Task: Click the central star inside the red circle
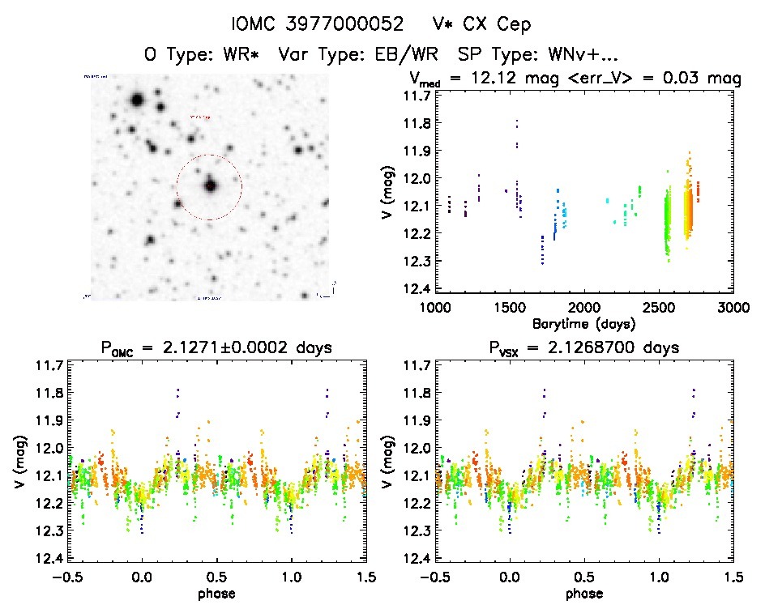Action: click(211, 185)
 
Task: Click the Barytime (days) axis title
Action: click(583, 322)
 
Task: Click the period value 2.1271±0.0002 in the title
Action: click(224, 349)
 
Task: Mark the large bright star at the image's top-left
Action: click(136, 100)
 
